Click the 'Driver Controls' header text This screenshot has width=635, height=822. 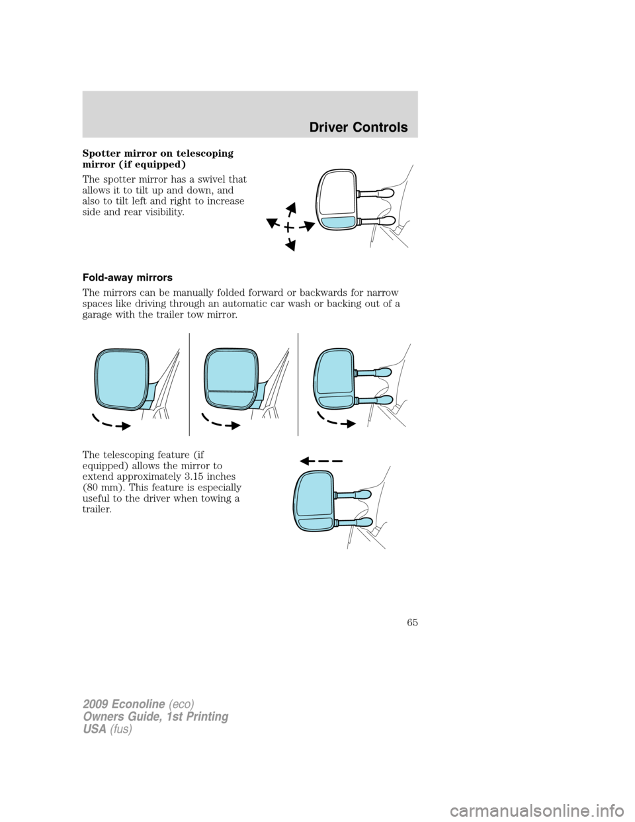pos(360,127)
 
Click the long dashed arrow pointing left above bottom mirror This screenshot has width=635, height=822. pos(320,459)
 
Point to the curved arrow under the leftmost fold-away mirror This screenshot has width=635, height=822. pos(110,422)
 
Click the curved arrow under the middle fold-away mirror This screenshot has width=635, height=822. pos(219,422)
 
